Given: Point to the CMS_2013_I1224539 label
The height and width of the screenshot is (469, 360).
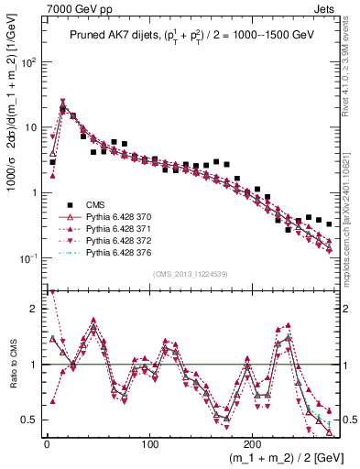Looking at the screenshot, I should pos(190,273).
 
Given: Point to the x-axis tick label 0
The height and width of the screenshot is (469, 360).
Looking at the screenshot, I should pos(47,441).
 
